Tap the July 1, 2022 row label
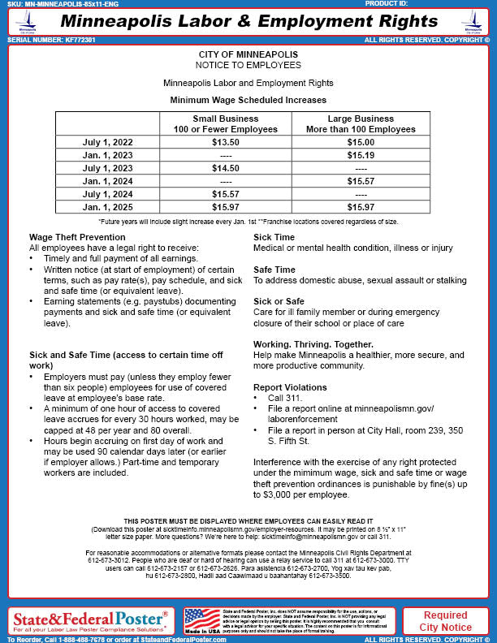[107, 142]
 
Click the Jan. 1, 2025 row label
[107, 206]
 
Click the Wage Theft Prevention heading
[77, 236]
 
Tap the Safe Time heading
[274, 269]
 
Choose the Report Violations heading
[292, 388]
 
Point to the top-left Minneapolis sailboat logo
[26, 22]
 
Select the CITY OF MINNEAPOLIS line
[248, 54]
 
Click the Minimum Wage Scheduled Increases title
[248, 99]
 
